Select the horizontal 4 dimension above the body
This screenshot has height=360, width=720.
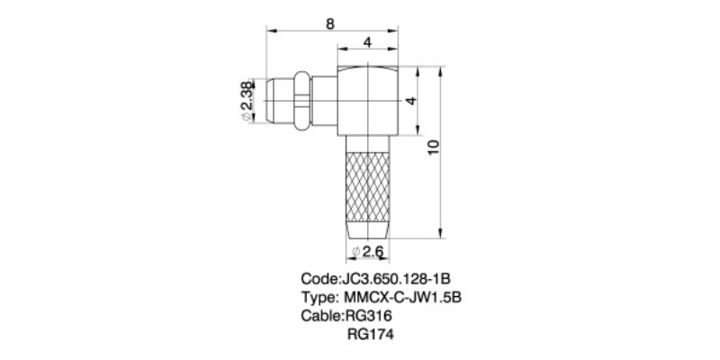(x=367, y=42)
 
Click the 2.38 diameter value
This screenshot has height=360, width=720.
(x=247, y=103)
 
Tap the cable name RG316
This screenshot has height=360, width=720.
(x=368, y=316)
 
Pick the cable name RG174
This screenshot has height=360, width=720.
(x=370, y=335)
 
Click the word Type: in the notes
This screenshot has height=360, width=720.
(x=318, y=297)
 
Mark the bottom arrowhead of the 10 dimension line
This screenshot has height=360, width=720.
(x=442, y=235)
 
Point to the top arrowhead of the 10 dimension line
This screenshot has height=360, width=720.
(x=442, y=70)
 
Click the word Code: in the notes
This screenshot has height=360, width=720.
(x=319, y=278)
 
